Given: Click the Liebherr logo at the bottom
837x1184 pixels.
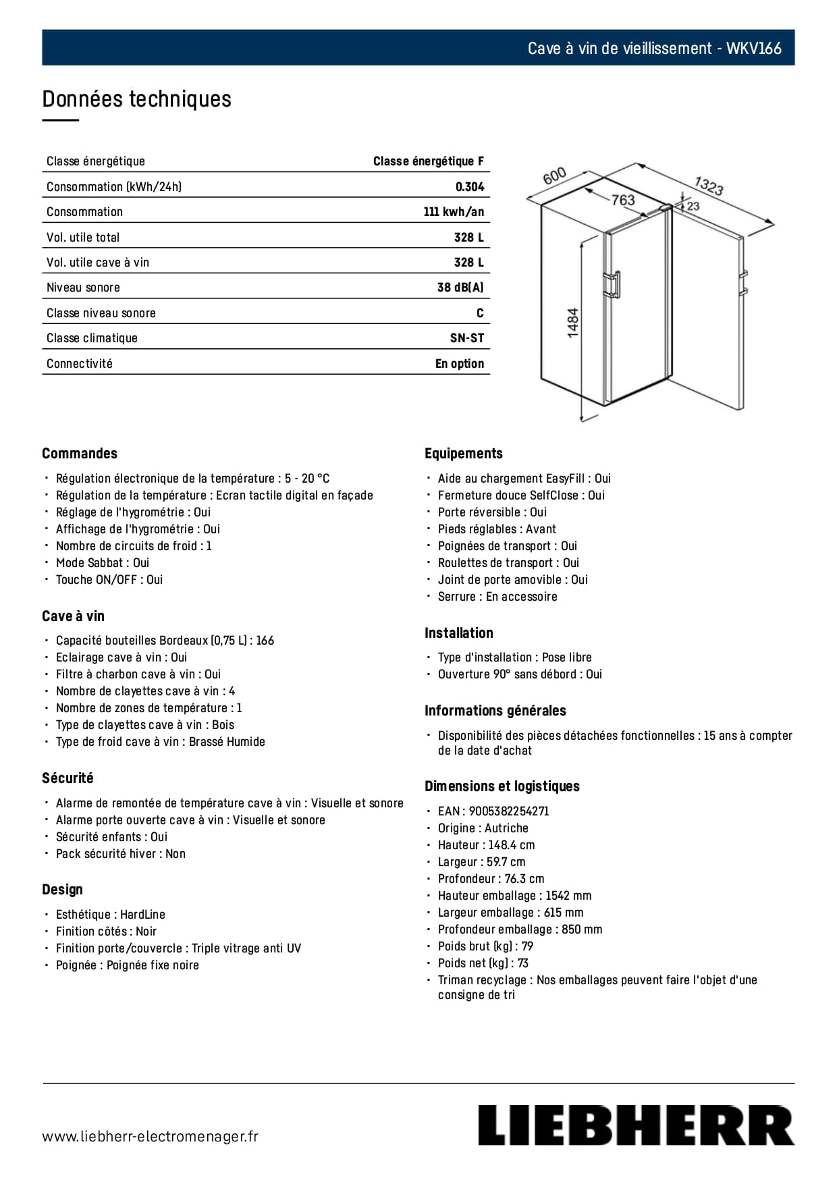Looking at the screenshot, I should point(636,1125).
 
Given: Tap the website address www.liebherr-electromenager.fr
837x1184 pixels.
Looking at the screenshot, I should point(150,1136).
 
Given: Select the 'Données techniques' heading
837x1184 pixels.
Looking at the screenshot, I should point(136,99).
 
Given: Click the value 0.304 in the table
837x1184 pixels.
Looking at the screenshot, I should point(470,187).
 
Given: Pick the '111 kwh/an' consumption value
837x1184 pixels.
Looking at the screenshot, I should point(454,212).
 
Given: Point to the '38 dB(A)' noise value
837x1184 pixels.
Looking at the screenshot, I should point(460,288).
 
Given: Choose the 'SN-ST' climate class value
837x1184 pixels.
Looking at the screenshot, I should point(467,338).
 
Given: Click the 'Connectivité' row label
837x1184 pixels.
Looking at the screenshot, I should point(80,364).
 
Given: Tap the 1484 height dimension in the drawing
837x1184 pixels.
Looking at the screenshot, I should point(573,323).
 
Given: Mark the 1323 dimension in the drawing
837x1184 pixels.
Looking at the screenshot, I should point(709,185).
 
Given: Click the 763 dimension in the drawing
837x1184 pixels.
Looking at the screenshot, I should point(623,200).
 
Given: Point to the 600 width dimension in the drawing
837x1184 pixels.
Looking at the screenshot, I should point(554,177).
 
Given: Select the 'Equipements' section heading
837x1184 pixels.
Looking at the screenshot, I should point(464,454).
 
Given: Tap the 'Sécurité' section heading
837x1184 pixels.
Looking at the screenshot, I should point(67,778).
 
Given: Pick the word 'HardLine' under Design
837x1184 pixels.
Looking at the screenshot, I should point(142,915).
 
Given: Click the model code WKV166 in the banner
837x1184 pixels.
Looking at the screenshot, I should point(754,49).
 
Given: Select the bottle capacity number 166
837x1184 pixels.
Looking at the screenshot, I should point(265,641).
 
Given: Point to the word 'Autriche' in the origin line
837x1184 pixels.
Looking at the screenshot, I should point(506,828).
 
